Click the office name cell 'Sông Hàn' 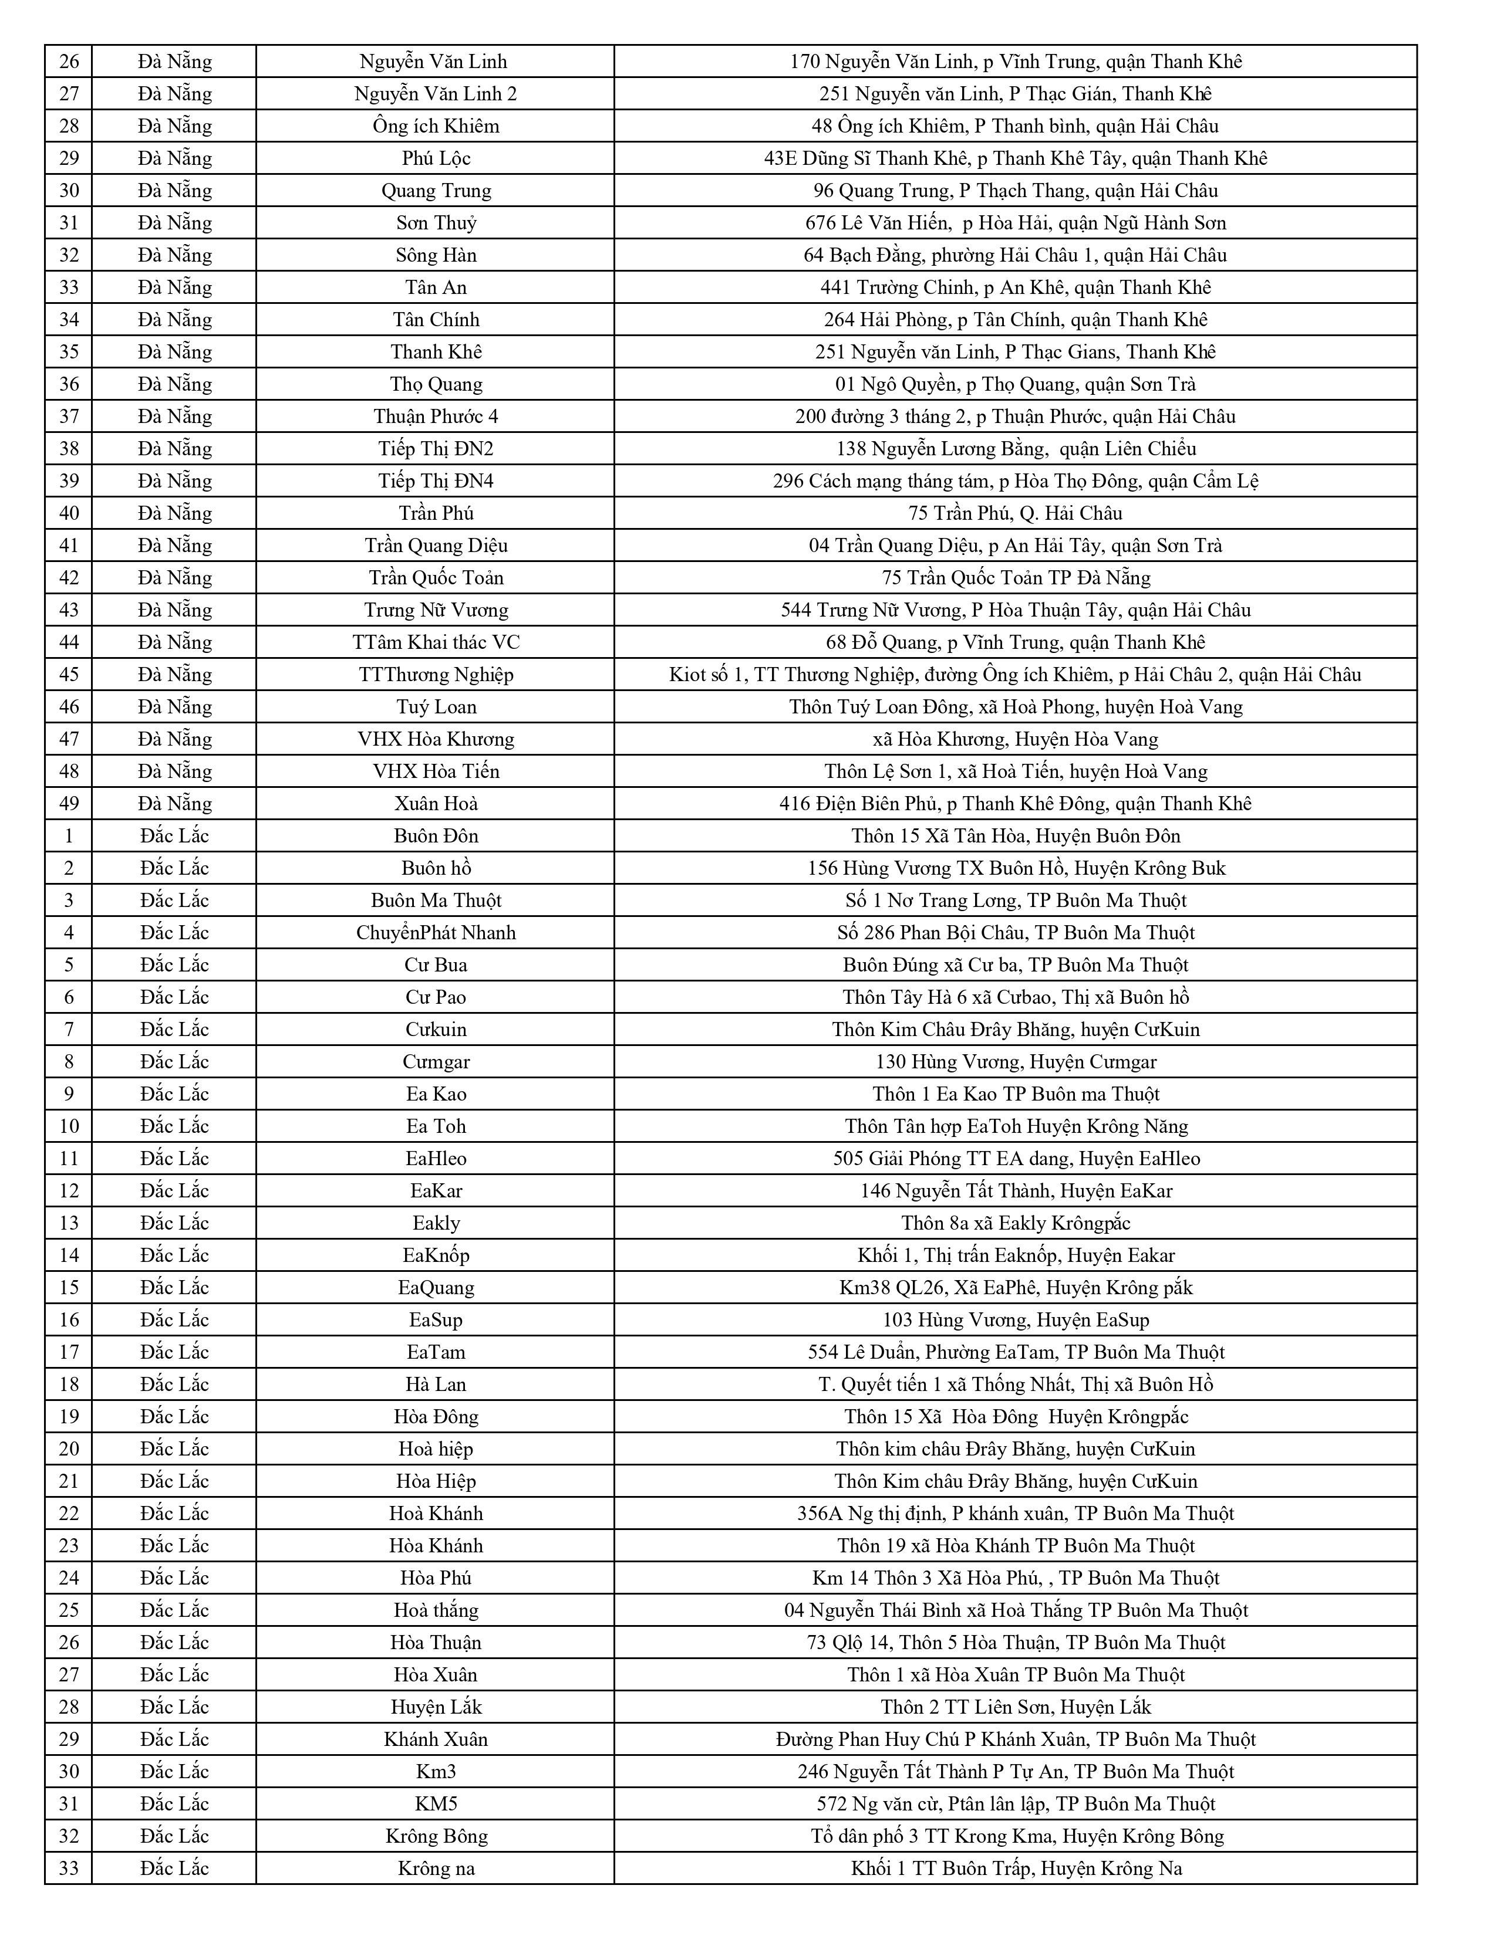(x=436, y=255)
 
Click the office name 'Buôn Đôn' (x=436, y=836)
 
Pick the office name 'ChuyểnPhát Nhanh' (x=436, y=933)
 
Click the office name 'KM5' (x=436, y=1804)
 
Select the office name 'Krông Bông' (x=436, y=1836)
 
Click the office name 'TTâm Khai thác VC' (x=436, y=642)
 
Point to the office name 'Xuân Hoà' (x=436, y=804)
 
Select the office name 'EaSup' (x=436, y=1320)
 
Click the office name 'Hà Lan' (x=436, y=1385)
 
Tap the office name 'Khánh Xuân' (x=436, y=1739)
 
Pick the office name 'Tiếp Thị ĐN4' (x=436, y=481)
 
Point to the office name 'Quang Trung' (x=436, y=191)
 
